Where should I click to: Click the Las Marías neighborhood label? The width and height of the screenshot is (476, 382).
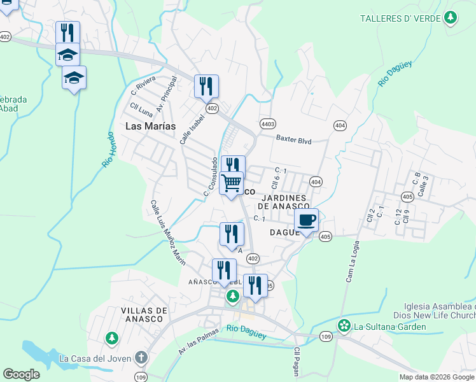(x=150, y=126)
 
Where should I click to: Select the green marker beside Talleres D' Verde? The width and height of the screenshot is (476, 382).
(x=451, y=17)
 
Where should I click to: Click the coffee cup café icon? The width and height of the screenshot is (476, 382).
(x=307, y=221)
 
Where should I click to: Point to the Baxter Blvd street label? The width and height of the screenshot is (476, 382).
(x=293, y=139)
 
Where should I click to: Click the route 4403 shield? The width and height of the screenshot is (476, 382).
(x=268, y=124)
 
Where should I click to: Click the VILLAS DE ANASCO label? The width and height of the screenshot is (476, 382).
(x=135, y=315)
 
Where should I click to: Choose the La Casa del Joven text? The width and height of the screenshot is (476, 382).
(x=95, y=358)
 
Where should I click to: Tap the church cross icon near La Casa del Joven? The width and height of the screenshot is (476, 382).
(x=141, y=358)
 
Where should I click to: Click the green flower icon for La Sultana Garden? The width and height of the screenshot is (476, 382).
(x=344, y=327)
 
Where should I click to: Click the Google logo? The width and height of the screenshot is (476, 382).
(x=21, y=374)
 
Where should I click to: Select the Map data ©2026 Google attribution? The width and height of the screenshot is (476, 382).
(x=436, y=377)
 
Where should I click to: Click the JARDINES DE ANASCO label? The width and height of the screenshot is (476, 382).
(x=283, y=202)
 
